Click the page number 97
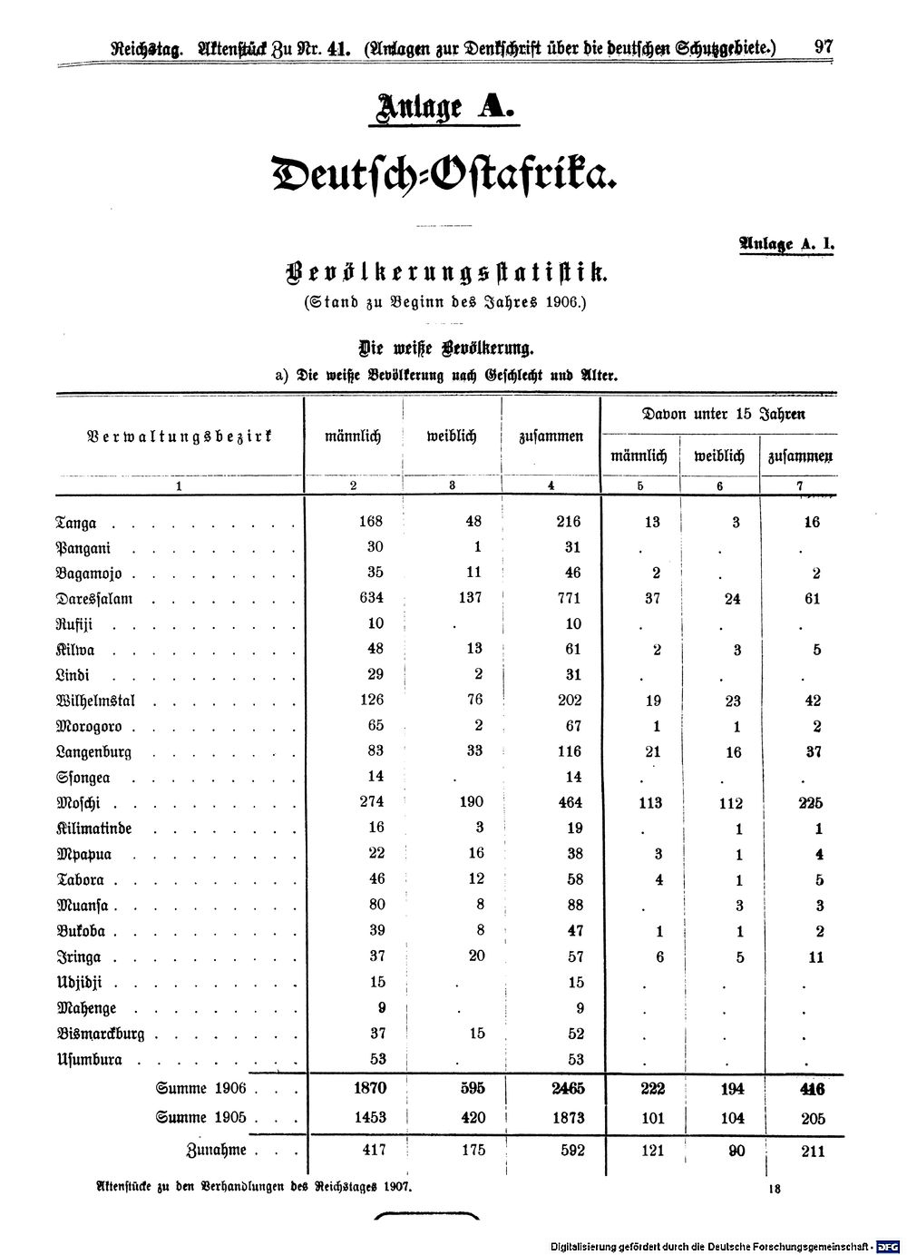(x=824, y=47)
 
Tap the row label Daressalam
(x=95, y=599)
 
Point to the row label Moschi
(x=78, y=803)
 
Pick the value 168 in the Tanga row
(x=371, y=522)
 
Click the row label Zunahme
(x=216, y=1150)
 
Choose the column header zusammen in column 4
(x=551, y=436)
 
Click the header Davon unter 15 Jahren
(x=723, y=415)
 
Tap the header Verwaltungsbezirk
(x=179, y=436)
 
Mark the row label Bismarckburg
(x=101, y=1034)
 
